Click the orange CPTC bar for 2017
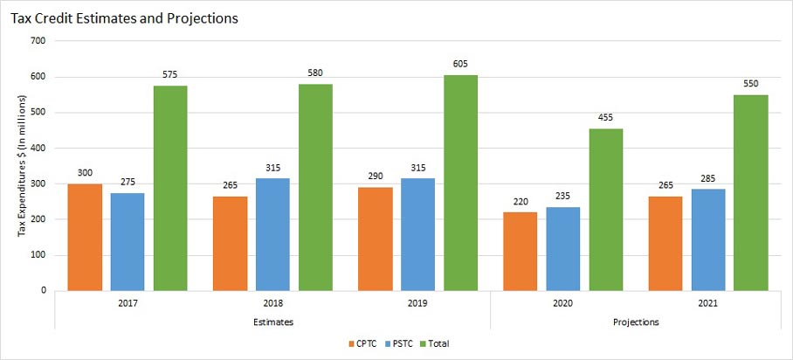pos(84,237)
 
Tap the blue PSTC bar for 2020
pos(562,249)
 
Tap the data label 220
pos(520,201)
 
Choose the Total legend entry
pos(438,343)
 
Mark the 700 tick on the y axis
pos(38,41)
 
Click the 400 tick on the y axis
pos(38,148)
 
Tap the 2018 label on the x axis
pos(272,303)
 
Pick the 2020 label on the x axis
pos(562,303)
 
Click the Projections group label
pos(635,322)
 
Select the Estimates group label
pos(272,322)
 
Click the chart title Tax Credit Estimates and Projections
pos(125,17)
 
